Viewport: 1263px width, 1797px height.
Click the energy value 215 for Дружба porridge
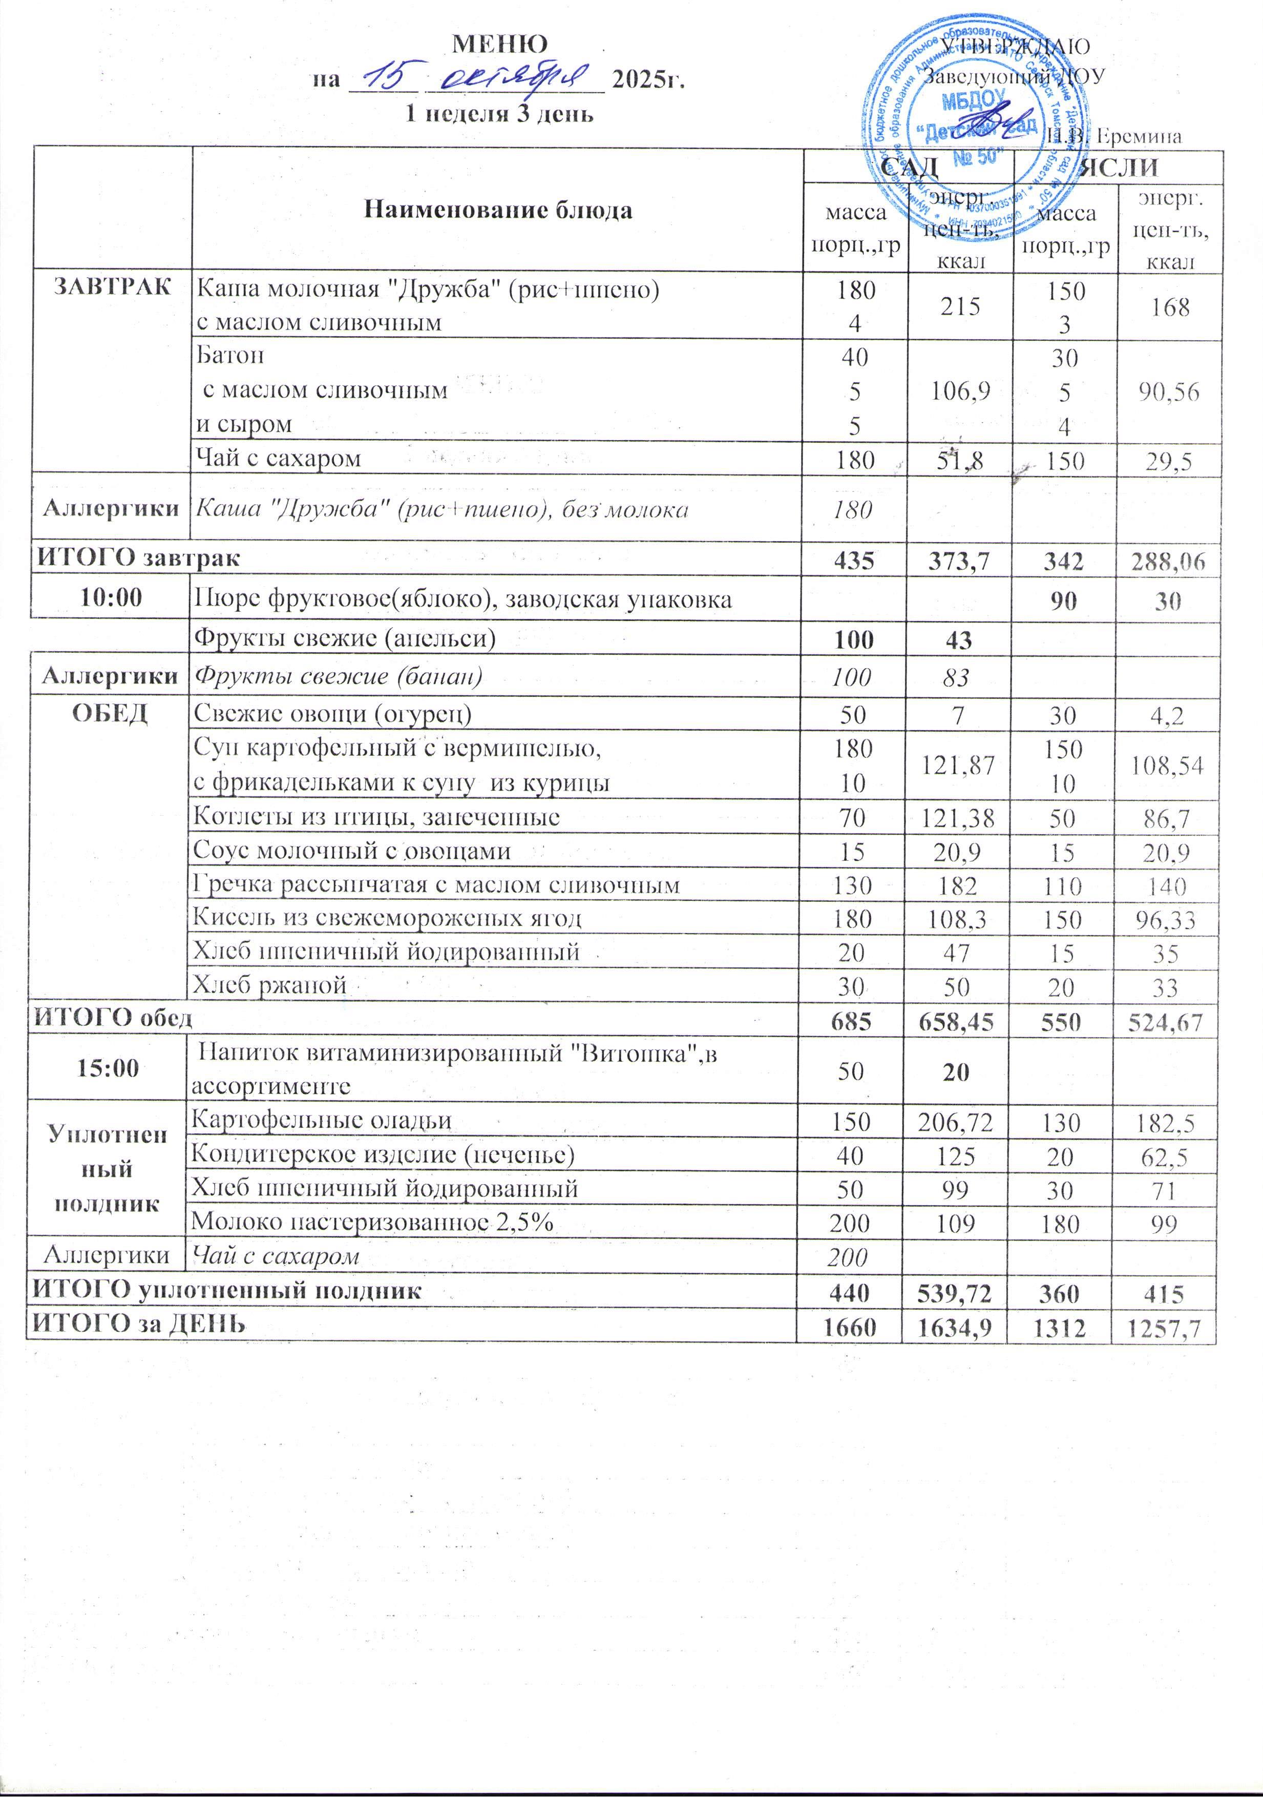point(960,306)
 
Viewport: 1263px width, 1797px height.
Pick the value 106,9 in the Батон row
point(960,390)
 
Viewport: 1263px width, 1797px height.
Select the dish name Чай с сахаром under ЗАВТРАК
point(278,458)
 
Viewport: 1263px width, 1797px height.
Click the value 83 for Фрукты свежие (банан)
point(958,677)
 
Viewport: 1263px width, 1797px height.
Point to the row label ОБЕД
point(111,712)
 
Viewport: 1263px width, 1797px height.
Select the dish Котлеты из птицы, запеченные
point(376,817)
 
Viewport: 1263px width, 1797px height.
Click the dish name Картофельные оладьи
point(322,1120)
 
